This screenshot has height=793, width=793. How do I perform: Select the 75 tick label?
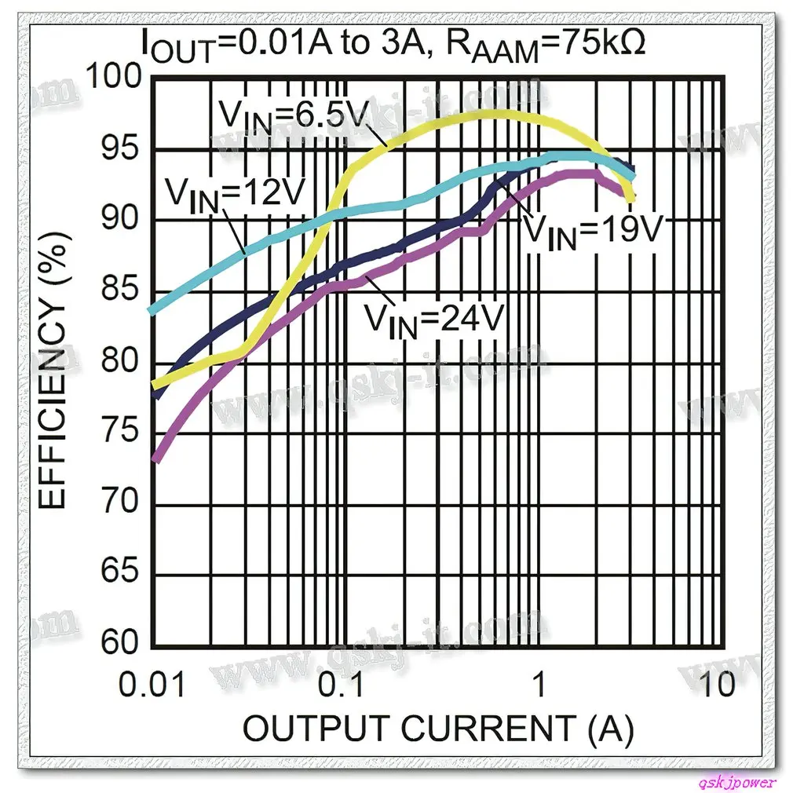[x=118, y=432]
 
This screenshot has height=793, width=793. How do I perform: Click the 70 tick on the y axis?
[x=118, y=502]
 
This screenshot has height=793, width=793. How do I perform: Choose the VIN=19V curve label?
[x=594, y=229]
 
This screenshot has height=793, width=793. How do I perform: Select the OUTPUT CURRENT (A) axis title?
[x=438, y=729]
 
